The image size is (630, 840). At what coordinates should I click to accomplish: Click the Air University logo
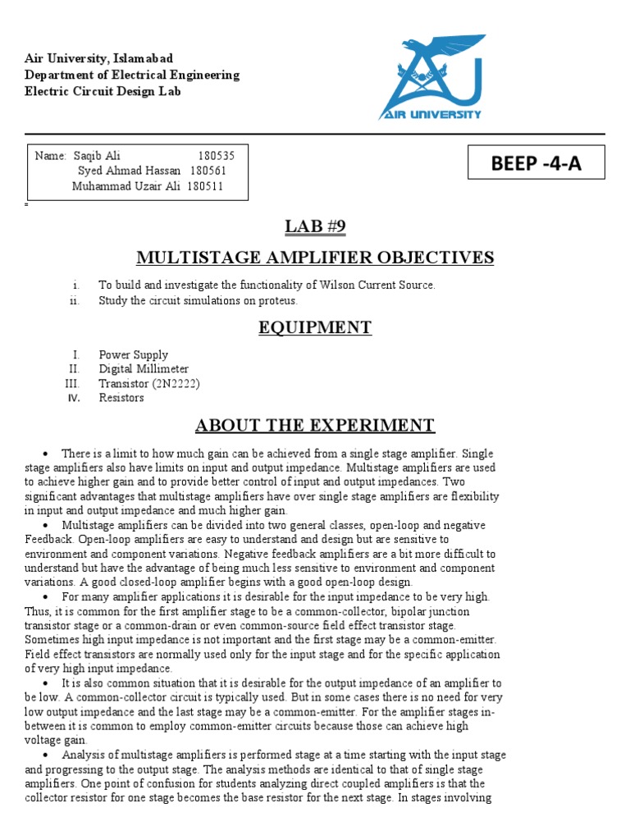click(431, 77)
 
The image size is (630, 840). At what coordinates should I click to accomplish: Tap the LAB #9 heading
click(314, 226)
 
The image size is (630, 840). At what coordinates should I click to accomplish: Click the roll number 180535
click(217, 156)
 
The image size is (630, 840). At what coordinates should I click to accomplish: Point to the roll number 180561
click(208, 171)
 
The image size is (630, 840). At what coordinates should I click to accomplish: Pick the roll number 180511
click(206, 186)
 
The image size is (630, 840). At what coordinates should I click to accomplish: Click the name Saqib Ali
click(97, 156)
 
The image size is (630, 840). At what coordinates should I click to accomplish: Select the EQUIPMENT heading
click(315, 328)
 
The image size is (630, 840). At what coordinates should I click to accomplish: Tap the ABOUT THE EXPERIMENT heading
click(315, 425)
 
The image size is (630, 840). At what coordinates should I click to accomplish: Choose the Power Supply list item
click(133, 354)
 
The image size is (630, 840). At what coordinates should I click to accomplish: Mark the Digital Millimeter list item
click(144, 369)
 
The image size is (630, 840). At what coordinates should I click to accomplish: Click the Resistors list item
click(121, 398)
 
